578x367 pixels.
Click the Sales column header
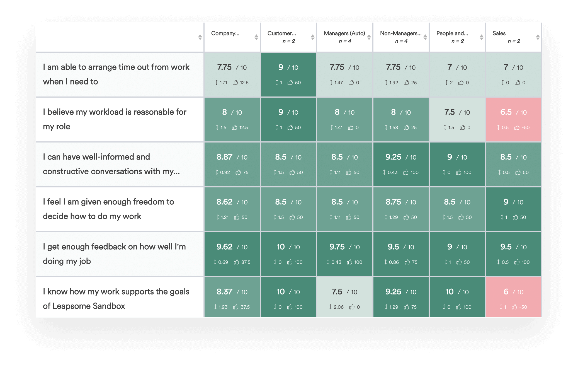(x=499, y=33)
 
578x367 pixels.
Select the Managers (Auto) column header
(x=344, y=33)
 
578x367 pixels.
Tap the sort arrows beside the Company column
(x=256, y=37)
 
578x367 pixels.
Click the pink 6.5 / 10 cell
(x=513, y=112)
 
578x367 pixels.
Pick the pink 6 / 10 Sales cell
(x=513, y=292)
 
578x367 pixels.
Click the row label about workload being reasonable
(x=114, y=119)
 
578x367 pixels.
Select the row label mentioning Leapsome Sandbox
(x=116, y=299)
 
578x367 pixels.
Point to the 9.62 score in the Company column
(x=224, y=247)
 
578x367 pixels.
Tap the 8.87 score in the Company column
(x=224, y=157)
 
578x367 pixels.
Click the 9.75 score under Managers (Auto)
(x=337, y=247)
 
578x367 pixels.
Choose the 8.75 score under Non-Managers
(x=393, y=202)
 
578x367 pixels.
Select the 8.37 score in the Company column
(x=224, y=292)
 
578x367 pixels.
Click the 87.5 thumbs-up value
(x=246, y=262)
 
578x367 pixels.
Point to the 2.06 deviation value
(x=338, y=307)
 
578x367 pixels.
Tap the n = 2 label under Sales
(x=514, y=41)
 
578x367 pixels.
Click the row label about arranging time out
(x=116, y=74)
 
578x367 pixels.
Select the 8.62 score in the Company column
(x=224, y=202)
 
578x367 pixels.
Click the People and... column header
(x=452, y=33)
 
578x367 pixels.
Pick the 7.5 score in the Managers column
(x=337, y=292)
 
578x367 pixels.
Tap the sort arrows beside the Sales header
(x=538, y=37)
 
